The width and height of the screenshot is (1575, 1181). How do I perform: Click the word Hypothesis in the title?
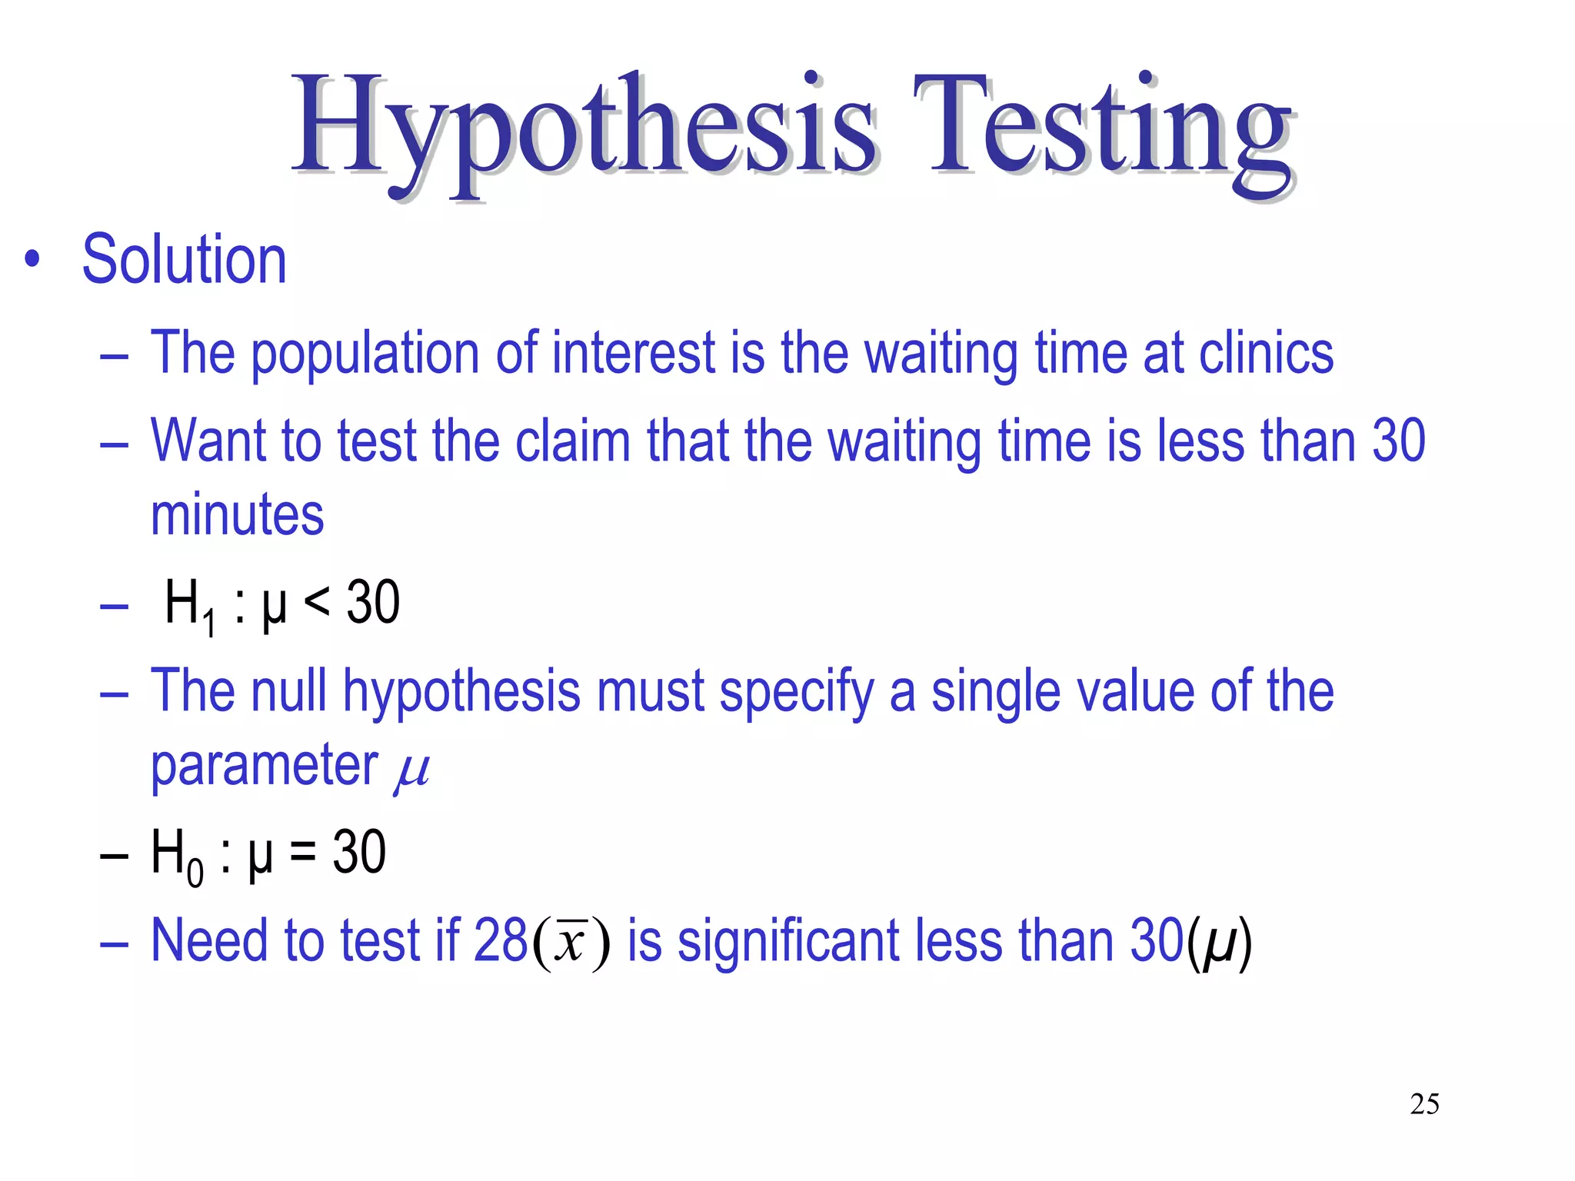pos(584,127)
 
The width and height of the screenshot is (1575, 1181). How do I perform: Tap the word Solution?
pos(185,260)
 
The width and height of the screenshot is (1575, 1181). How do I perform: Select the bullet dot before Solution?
pos(32,260)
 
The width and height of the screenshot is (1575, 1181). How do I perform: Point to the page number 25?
pos(1424,1104)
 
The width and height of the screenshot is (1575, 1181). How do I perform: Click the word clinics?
pos(1266,353)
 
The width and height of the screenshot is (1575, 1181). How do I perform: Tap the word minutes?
pos(237,514)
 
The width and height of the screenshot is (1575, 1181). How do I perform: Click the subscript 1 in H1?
pos(209,623)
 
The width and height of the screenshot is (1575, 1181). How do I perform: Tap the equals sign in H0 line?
pos(303,852)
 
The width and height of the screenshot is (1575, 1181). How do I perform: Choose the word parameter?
pos(264,766)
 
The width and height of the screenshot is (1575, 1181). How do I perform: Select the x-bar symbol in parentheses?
pos(571,941)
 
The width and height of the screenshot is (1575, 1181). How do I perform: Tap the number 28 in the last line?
pos(501,940)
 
